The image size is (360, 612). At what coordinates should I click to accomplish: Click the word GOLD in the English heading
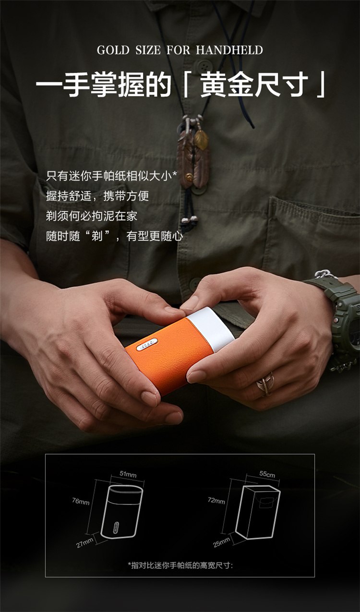pyautogui.click(x=113, y=50)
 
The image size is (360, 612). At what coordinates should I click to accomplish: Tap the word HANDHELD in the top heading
pyautogui.click(x=229, y=50)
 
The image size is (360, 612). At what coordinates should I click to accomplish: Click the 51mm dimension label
pyautogui.click(x=128, y=474)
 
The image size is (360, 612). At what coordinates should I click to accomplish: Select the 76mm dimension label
pyautogui.click(x=81, y=501)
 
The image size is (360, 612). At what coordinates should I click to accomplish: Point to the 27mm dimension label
pyautogui.click(x=84, y=542)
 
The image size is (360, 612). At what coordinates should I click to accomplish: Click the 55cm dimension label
pyautogui.click(x=267, y=474)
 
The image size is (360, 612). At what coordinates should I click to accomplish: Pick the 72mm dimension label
pyautogui.click(x=216, y=501)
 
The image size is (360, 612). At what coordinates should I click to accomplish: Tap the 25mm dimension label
pyautogui.click(x=221, y=542)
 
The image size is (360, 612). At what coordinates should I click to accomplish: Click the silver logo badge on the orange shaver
pyautogui.click(x=147, y=344)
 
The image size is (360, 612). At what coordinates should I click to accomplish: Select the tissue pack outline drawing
pyautogui.click(x=258, y=512)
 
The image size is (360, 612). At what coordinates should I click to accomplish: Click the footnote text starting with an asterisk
pyautogui.click(x=180, y=565)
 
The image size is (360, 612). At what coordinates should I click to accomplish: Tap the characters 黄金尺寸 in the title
pyautogui.click(x=254, y=84)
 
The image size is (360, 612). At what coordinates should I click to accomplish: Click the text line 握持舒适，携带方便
pyautogui.click(x=97, y=196)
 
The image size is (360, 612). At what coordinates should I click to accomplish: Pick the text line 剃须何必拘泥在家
pyautogui.click(x=92, y=216)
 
